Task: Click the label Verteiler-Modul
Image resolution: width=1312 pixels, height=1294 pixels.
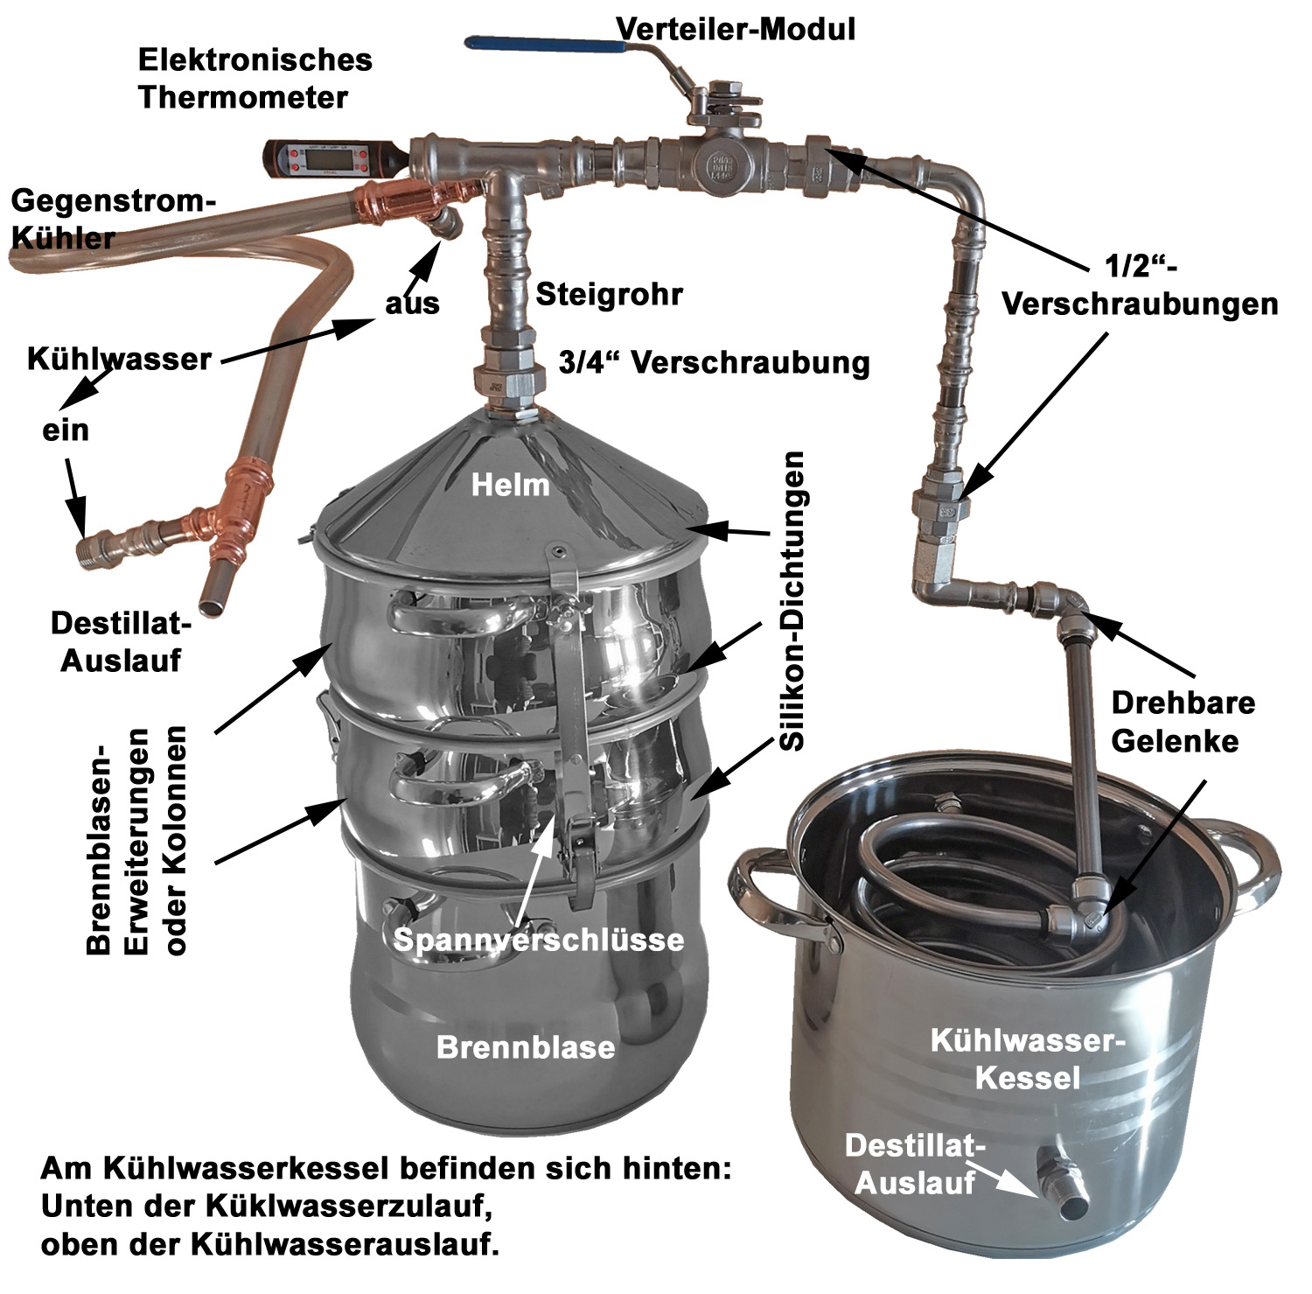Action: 735,29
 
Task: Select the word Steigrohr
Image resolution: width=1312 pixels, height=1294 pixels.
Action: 609,294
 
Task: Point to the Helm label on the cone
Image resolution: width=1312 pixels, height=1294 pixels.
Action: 511,484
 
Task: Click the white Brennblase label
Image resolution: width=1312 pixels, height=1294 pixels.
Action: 526,1047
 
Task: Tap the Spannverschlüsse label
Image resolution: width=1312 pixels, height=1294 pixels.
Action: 538,939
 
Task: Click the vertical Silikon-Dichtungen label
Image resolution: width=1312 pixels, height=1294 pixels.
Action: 792,600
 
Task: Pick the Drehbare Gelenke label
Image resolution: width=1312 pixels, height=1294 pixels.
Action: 1183,721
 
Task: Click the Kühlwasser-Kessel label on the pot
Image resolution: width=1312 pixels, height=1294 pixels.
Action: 1027,1059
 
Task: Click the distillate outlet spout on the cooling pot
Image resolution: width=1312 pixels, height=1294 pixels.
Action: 1065,1195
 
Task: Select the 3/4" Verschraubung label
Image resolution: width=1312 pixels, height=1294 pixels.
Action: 715,362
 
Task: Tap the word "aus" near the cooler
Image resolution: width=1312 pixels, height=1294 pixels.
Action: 412,304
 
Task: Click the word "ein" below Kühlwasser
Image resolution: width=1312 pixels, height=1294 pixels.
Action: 66,430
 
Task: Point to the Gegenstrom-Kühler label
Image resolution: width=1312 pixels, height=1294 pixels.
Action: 112,219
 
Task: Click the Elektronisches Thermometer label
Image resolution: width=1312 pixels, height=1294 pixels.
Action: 255,78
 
